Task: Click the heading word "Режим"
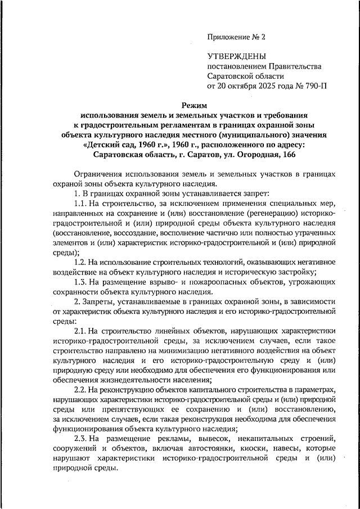[196, 105]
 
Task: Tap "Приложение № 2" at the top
[236, 37]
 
